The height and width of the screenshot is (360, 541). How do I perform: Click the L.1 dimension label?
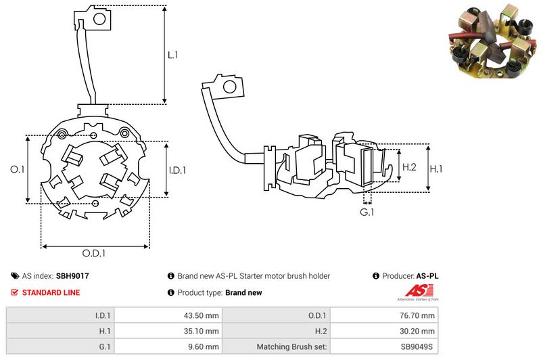pos(172,55)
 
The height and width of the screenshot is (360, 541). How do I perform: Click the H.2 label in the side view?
pos(408,166)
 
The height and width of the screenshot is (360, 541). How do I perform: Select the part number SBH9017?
pos(72,276)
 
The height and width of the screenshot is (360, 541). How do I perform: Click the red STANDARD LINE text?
pos(51,293)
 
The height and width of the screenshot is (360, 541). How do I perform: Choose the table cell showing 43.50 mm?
pos(202,315)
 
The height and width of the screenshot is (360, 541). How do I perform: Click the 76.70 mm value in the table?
pos(419,315)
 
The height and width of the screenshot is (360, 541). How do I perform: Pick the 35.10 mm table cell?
pos(202,331)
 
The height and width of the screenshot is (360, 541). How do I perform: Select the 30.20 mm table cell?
pos(419,331)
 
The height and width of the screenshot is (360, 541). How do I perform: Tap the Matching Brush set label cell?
pos(292,346)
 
